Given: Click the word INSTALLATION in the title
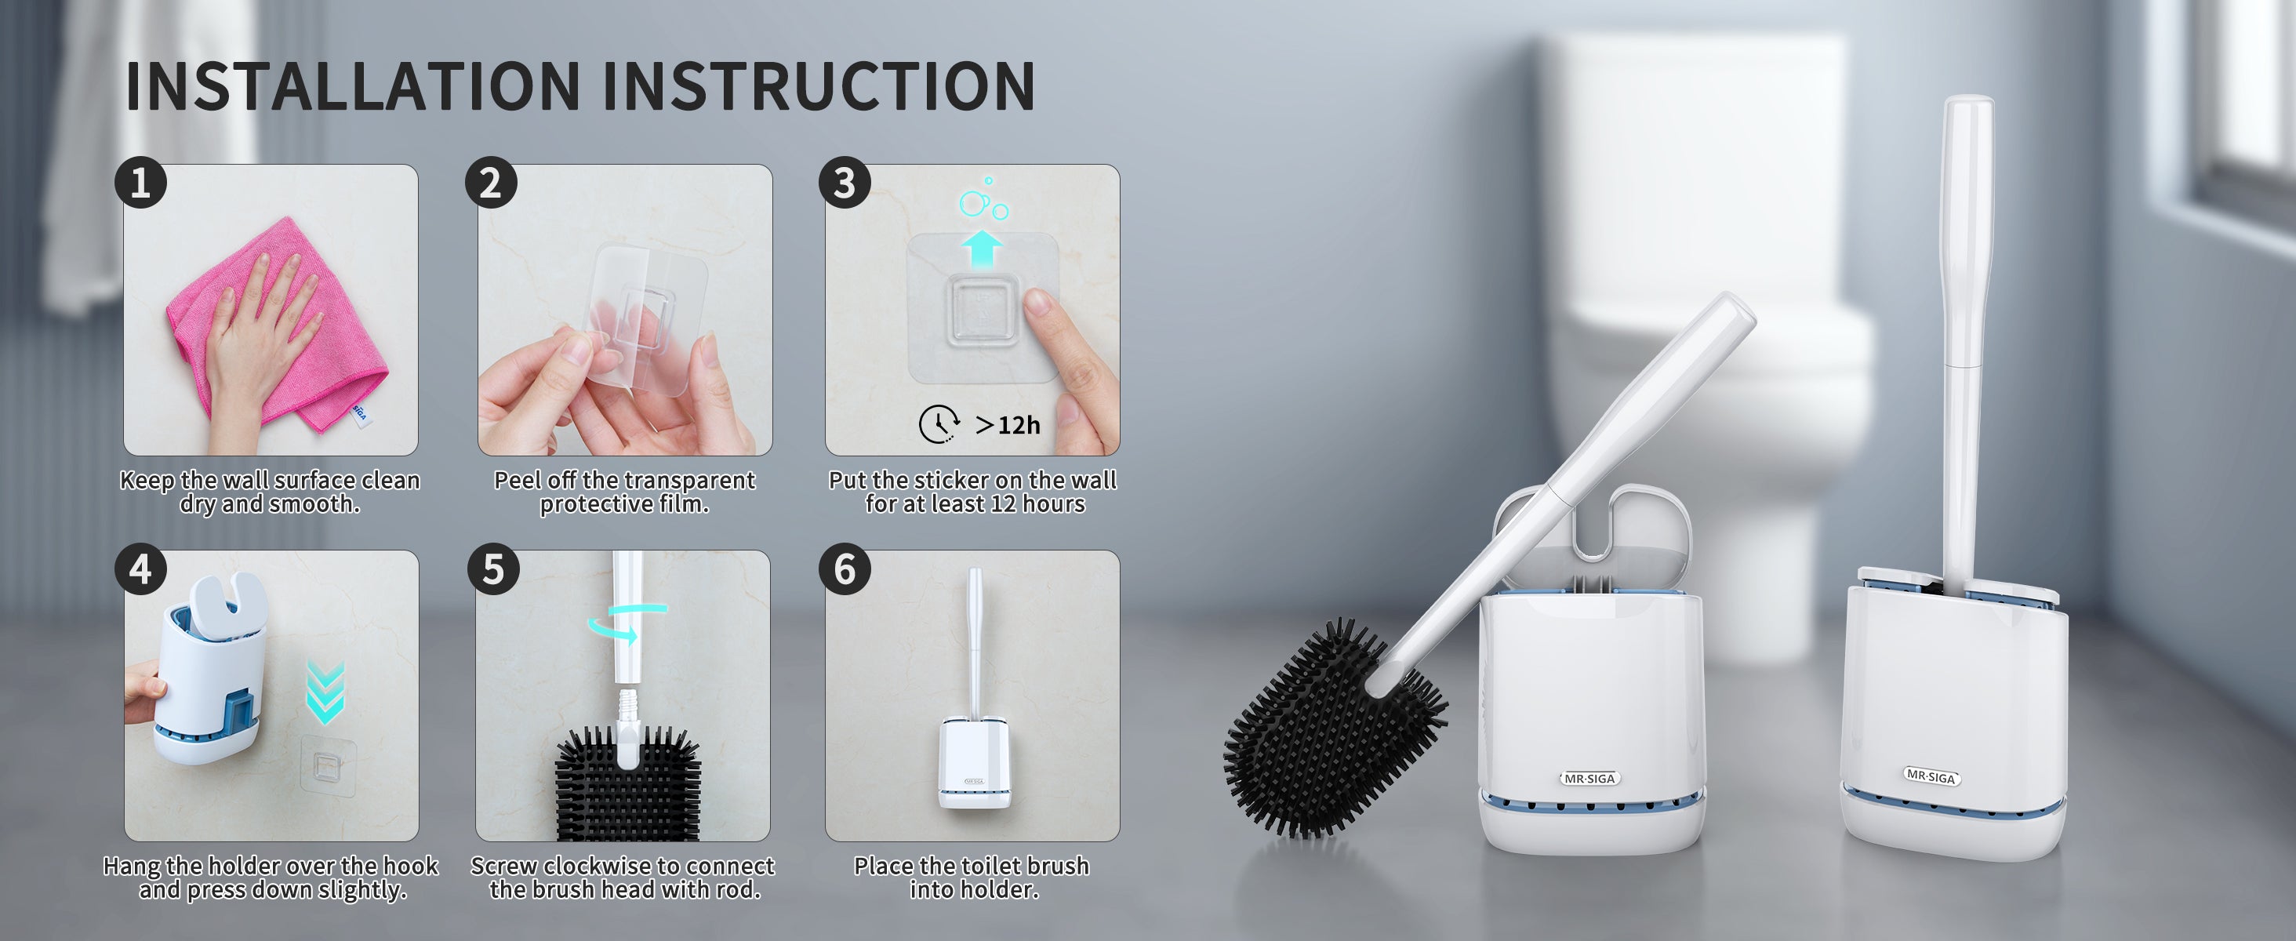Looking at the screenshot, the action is tap(353, 86).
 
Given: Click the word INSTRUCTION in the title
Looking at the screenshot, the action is tap(819, 86).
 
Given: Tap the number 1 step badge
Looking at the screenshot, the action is tap(141, 183).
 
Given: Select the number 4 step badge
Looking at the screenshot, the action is tap(141, 569).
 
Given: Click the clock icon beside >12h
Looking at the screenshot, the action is tap(939, 424).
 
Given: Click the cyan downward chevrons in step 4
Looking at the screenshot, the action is tap(325, 692).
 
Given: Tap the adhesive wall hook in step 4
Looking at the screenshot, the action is tap(328, 765).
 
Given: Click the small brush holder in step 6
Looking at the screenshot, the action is tap(974, 763).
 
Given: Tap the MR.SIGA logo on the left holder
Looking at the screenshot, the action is tap(1589, 778).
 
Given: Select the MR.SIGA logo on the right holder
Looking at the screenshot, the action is tap(1931, 776).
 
